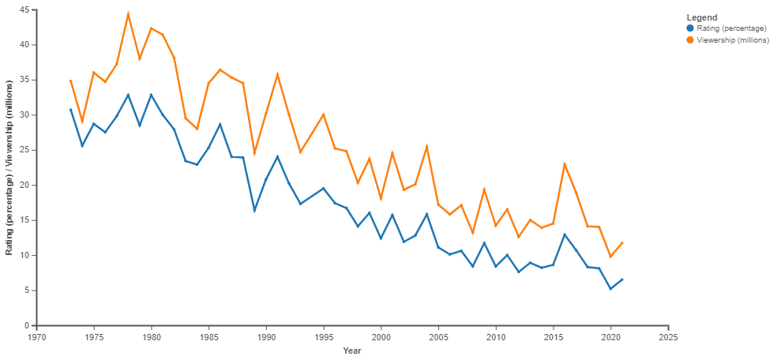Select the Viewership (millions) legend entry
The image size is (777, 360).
pos(726,39)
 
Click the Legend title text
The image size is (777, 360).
pos(702,17)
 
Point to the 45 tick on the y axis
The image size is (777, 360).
pos(25,9)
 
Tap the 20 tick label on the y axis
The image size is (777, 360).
pos(25,185)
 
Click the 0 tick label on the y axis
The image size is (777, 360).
pos(28,325)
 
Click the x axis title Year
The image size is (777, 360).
pos(352,351)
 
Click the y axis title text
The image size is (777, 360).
pos(9,167)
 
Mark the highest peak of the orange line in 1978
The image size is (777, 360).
pos(128,13)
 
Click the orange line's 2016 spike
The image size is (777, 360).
pos(565,163)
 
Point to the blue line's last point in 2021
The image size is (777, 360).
pos(622,279)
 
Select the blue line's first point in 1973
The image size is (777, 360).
pos(71,109)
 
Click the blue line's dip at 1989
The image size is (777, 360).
pos(254,212)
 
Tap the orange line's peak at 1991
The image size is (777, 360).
pos(277,74)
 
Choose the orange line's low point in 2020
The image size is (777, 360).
pos(610,257)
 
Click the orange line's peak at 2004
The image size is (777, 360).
pos(426,145)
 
